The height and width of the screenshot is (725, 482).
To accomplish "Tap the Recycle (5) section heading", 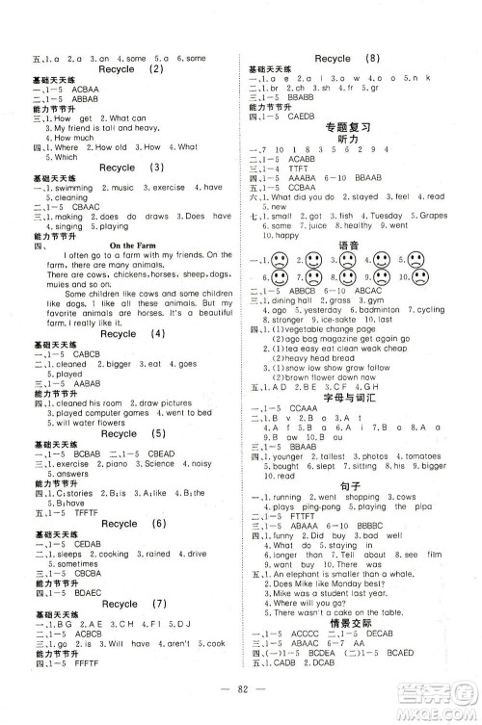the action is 131,433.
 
